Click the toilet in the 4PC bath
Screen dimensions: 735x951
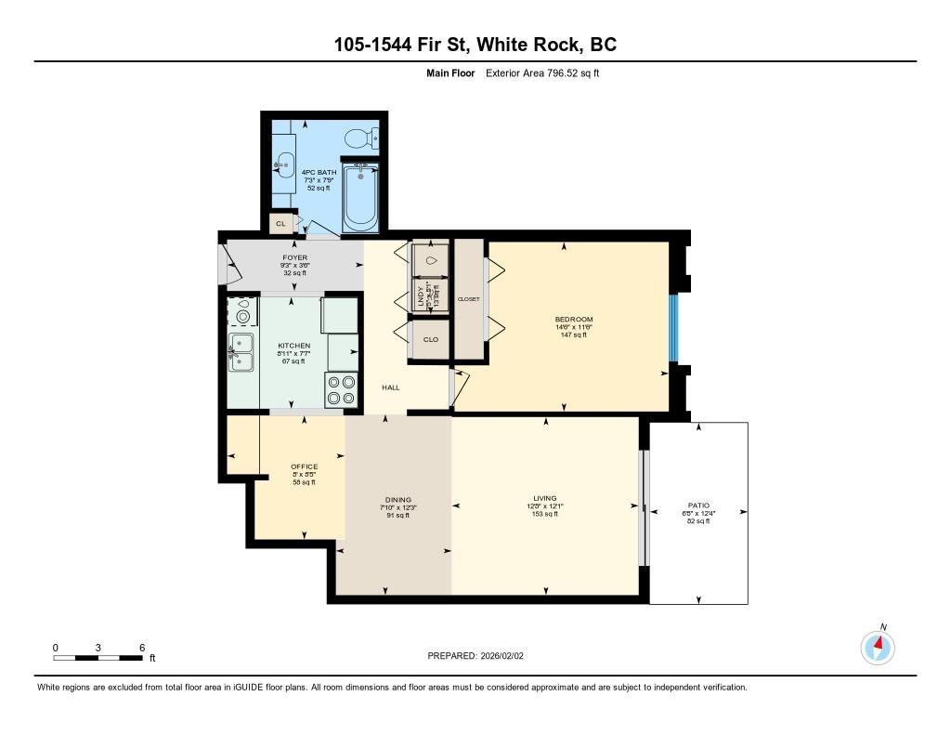[358, 138]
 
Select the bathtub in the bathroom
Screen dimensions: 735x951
[360, 196]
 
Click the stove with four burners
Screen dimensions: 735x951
[341, 389]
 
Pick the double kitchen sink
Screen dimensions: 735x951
[241, 353]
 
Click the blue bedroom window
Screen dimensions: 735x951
[674, 327]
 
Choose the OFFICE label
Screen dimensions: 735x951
[304, 466]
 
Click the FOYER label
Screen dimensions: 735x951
[295, 257]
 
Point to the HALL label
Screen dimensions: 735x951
[390, 387]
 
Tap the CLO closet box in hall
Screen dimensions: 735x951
[430, 339]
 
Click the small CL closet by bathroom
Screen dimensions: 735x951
[280, 224]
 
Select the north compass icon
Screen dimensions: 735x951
[878, 646]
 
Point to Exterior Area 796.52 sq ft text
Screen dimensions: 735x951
[542, 73]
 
